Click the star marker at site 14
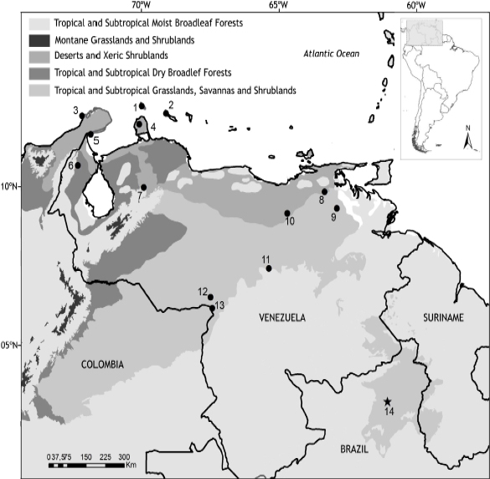(x=387, y=402)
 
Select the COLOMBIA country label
(x=103, y=364)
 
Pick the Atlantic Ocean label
(x=331, y=55)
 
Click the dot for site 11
(x=269, y=268)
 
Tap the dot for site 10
(x=287, y=213)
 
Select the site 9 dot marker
(x=337, y=208)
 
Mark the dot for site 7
(x=144, y=187)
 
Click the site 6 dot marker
(x=78, y=165)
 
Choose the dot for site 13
(x=211, y=307)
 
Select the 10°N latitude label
(x=10, y=186)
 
